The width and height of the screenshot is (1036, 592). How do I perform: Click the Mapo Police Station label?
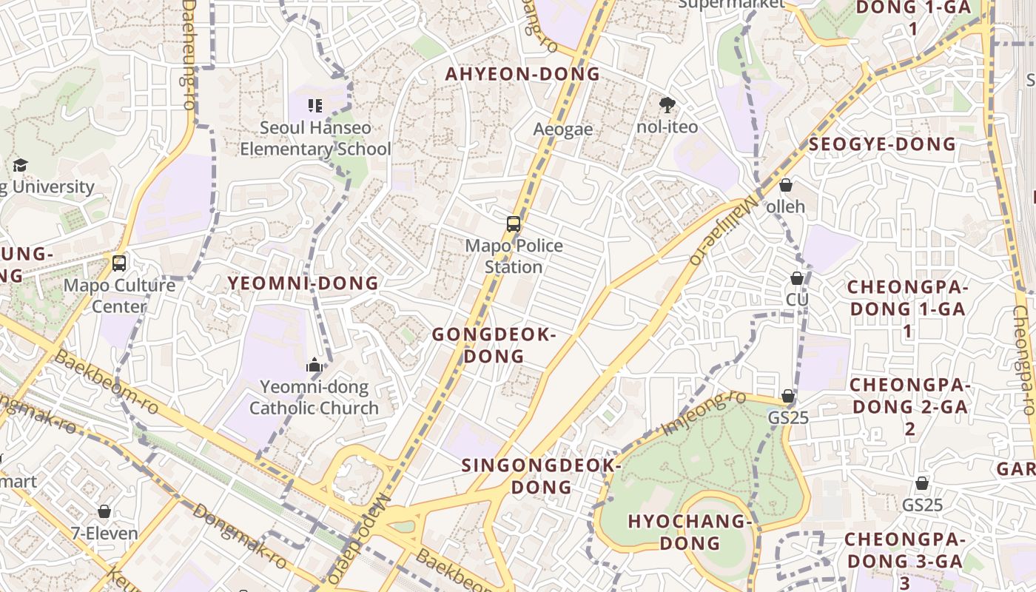pyautogui.click(x=514, y=256)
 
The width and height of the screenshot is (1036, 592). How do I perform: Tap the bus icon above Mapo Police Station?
pyautogui.click(x=513, y=223)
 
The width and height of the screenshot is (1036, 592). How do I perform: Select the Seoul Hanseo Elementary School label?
pyautogui.click(x=315, y=138)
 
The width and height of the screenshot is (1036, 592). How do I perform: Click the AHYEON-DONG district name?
pyautogui.click(x=522, y=74)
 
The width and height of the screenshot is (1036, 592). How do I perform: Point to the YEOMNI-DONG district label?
pyautogui.click(x=303, y=283)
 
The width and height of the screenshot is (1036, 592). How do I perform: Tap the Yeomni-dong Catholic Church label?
pyautogui.click(x=314, y=397)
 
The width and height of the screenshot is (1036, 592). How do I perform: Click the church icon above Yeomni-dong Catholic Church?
pyautogui.click(x=314, y=365)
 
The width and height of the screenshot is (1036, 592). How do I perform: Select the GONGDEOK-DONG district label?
pyautogui.click(x=494, y=346)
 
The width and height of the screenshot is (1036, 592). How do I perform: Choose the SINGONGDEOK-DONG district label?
pyautogui.click(x=541, y=476)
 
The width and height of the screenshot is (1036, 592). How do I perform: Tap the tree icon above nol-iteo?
pyautogui.click(x=667, y=105)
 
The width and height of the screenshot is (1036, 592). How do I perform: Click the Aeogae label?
pyautogui.click(x=563, y=129)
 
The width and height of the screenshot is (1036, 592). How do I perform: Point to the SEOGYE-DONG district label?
pyautogui.click(x=882, y=144)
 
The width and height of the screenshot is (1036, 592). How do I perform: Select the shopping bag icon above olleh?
pyautogui.click(x=786, y=185)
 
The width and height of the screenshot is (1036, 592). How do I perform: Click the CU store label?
pyautogui.click(x=797, y=300)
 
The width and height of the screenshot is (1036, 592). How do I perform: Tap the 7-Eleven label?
pyautogui.click(x=104, y=533)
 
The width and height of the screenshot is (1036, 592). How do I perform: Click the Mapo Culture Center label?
pyautogui.click(x=120, y=295)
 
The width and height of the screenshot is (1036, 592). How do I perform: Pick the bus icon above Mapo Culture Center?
pyautogui.click(x=118, y=263)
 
